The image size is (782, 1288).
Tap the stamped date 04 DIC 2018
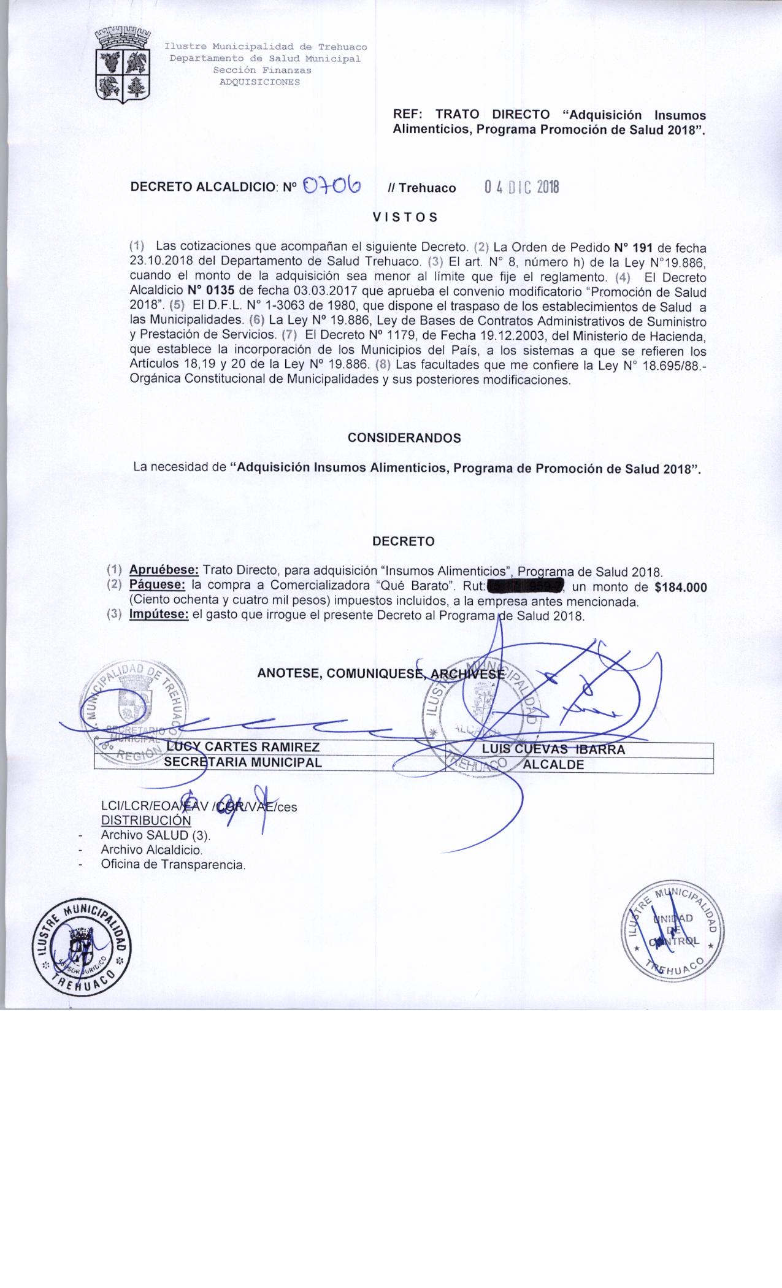coord(521,187)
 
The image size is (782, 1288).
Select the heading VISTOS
coord(405,217)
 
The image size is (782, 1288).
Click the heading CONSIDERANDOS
coord(404,438)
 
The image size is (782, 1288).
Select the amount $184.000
coord(681,588)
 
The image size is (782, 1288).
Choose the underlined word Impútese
coord(158,615)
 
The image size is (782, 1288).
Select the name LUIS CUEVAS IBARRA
coord(553,749)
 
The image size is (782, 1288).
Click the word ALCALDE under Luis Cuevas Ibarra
coord(553,765)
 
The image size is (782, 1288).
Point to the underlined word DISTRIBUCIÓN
coord(146,820)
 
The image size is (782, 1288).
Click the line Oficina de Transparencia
coord(173,865)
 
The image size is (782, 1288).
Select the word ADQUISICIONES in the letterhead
coord(260,82)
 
